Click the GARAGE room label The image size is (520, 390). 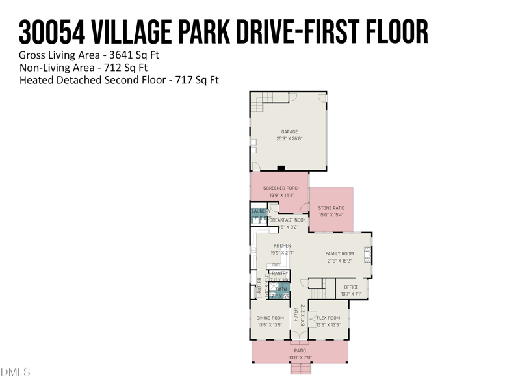(x=289, y=132)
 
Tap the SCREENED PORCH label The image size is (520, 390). (x=281, y=188)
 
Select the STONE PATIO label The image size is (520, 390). (x=331, y=208)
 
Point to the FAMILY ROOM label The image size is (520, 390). (x=339, y=253)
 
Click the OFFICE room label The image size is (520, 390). (x=351, y=287)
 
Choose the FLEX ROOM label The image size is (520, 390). (x=328, y=318)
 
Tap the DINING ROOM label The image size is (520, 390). (x=270, y=318)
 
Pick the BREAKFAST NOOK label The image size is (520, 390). (x=287, y=220)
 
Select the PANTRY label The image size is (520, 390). (x=280, y=274)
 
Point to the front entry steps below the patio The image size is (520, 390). (x=300, y=369)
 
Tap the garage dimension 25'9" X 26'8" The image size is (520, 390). (x=289, y=138)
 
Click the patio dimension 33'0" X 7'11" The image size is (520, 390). (x=300, y=358)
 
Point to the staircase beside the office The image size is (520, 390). (x=317, y=283)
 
